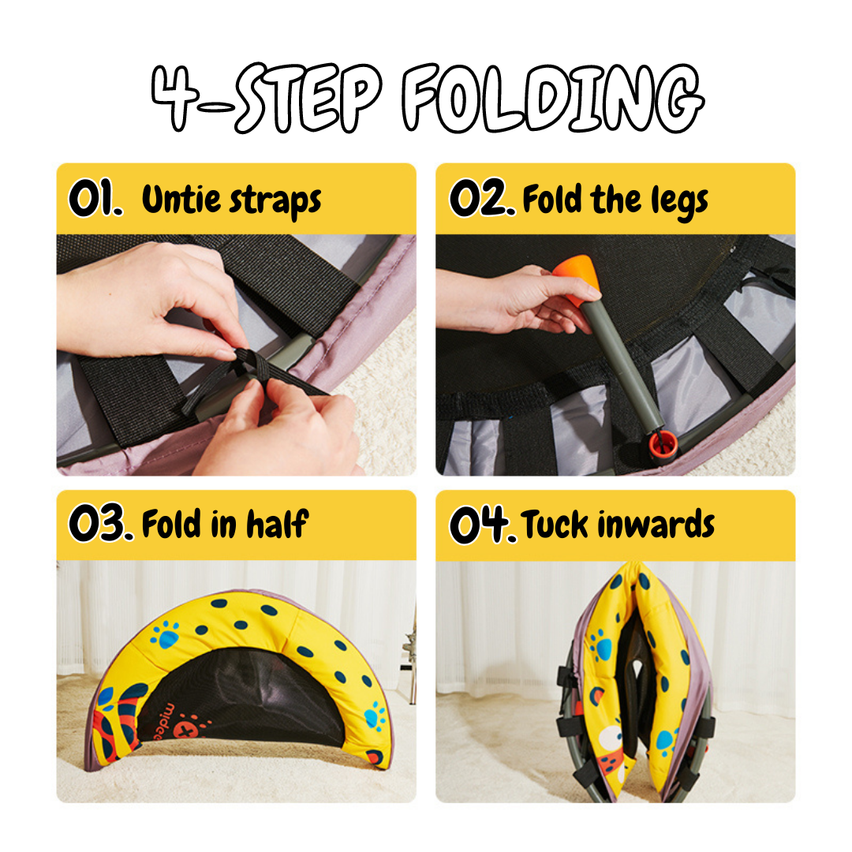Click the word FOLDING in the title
553,98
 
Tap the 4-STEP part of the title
266,98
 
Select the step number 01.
95,198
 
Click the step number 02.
481,198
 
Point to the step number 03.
100,522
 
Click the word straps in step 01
275,202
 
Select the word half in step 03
278,524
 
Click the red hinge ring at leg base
663,443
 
